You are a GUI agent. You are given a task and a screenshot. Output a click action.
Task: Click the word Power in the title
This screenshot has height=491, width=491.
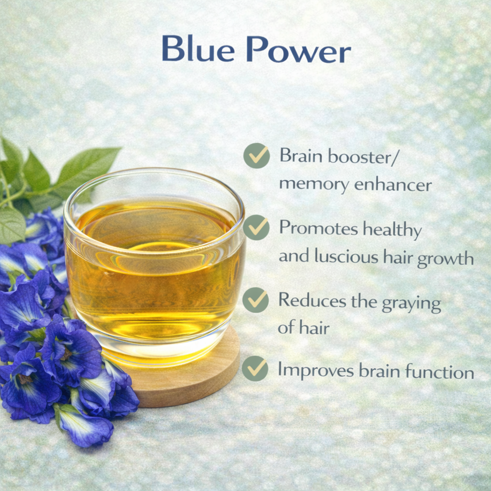click(298, 49)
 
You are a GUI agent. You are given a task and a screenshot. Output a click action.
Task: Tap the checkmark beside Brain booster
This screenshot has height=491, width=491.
click(257, 156)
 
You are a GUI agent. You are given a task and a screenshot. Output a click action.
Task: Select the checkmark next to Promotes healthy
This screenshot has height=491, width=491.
click(256, 227)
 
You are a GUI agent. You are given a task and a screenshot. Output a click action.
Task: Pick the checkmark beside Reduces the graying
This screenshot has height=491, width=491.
click(256, 300)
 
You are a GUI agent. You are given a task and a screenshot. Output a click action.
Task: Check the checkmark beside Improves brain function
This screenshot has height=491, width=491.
click(255, 368)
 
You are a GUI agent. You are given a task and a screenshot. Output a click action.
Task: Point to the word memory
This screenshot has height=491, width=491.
click(314, 185)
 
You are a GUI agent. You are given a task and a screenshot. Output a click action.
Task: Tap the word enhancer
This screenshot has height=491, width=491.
click(393, 184)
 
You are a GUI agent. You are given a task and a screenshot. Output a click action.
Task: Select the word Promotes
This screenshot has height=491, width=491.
click(318, 228)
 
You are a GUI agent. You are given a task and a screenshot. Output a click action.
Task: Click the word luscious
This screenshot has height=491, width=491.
click(347, 256)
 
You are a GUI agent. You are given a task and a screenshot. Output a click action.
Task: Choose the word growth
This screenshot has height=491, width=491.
click(445, 259)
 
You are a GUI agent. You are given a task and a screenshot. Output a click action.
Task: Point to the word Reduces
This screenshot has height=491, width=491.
click(312, 300)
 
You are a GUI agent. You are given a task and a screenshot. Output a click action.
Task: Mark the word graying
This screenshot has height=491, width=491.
click(411, 304)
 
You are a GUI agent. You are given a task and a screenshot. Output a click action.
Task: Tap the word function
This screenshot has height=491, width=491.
click(439, 372)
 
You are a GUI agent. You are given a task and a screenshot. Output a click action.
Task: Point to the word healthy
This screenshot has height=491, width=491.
click(392, 230)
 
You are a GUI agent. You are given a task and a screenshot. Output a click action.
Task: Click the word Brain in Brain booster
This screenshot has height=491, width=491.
click(301, 155)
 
